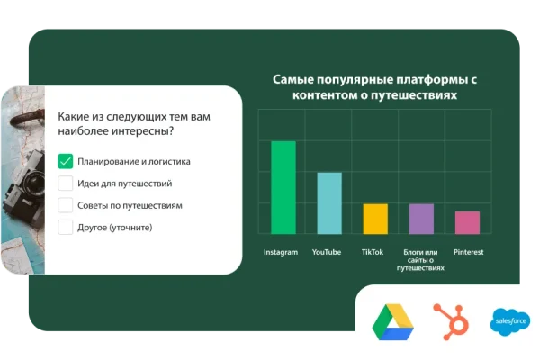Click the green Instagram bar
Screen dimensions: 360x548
[x=283, y=187]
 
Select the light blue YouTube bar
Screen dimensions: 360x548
[x=329, y=203]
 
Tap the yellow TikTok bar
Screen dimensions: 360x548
[x=375, y=219]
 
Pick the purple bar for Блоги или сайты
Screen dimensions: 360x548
[x=421, y=219]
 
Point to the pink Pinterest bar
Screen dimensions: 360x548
[x=467, y=222]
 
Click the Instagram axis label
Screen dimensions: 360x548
[x=281, y=252]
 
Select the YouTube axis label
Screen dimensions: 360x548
[x=327, y=252]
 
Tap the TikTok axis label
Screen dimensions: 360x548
[x=373, y=252]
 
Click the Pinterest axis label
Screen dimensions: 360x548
[x=468, y=252]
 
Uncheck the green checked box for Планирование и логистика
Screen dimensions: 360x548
[x=66, y=162]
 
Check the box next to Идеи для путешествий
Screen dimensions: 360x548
[x=66, y=184]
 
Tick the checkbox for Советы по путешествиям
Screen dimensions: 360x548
[x=66, y=205]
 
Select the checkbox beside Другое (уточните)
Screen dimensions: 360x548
[x=66, y=227]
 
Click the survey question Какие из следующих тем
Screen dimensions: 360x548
[x=135, y=124]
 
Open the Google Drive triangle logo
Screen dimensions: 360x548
[x=393, y=321]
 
